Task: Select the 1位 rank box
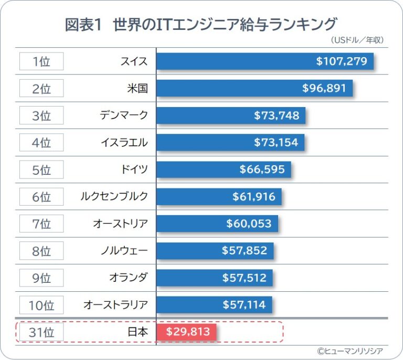[41, 61]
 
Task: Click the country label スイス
[134, 61]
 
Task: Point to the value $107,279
[341, 61]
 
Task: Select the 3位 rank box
[41, 115]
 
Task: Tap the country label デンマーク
[124, 115]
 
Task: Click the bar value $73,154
[276, 142]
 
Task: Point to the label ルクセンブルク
[114, 196]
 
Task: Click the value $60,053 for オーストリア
[249, 224]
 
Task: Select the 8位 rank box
[41, 251]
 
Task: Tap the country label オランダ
[129, 278]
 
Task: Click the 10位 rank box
[41, 305]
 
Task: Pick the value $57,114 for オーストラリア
[244, 305]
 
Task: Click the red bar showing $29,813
[187, 332]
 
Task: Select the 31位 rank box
[41, 332]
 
